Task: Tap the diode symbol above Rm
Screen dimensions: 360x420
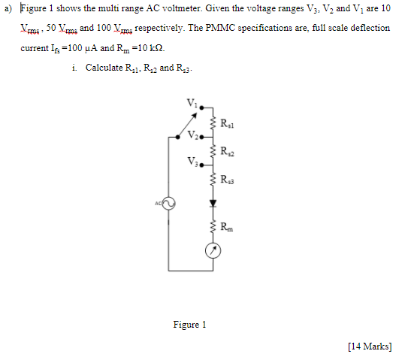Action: coord(213,203)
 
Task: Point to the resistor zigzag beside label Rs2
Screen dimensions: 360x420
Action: coord(213,150)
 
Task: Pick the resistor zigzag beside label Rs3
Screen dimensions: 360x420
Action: coord(213,178)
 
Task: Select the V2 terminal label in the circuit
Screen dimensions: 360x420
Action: coord(194,136)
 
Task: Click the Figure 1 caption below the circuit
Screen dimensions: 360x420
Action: coord(189,325)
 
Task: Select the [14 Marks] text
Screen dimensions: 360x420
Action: coord(370,346)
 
